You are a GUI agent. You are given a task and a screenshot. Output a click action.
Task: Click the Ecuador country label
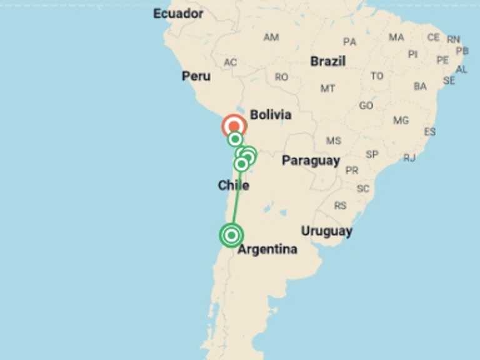(x=178, y=13)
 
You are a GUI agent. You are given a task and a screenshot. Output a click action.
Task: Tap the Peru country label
(x=196, y=76)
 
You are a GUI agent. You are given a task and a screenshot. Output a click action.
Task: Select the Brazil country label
(x=327, y=61)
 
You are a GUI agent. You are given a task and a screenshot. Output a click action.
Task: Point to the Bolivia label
(x=271, y=115)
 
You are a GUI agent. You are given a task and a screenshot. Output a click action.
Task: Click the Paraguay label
(x=311, y=161)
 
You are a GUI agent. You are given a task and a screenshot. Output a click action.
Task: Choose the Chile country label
(x=233, y=186)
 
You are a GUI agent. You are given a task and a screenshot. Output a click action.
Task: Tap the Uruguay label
(x=326, y=231)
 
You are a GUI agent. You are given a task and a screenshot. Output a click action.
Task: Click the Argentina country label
(x=267, y=249)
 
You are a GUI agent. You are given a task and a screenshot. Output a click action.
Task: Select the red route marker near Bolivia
(x=235, y=126)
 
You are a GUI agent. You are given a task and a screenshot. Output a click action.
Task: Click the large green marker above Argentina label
(x=231, y=236)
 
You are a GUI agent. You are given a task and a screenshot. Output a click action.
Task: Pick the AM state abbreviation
(x=271, y=37)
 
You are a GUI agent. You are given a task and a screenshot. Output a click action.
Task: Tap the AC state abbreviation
(x=231, y=62)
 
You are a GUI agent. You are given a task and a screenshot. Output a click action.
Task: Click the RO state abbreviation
(x=282, y=77)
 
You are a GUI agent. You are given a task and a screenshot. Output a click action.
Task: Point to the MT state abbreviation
(x=327, y=89)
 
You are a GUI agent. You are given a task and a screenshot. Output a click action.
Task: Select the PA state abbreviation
(x=349, y=42)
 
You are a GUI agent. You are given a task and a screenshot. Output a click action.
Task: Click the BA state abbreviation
(x=420, y=86)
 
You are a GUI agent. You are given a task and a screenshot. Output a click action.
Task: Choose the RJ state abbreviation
(x=409, y=158)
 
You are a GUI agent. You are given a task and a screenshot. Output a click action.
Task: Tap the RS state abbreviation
(x=340, y=206)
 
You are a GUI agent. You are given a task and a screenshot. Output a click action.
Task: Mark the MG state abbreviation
(x=401, y=120)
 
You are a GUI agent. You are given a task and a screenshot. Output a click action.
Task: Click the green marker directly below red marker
(x=235, y=139)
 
